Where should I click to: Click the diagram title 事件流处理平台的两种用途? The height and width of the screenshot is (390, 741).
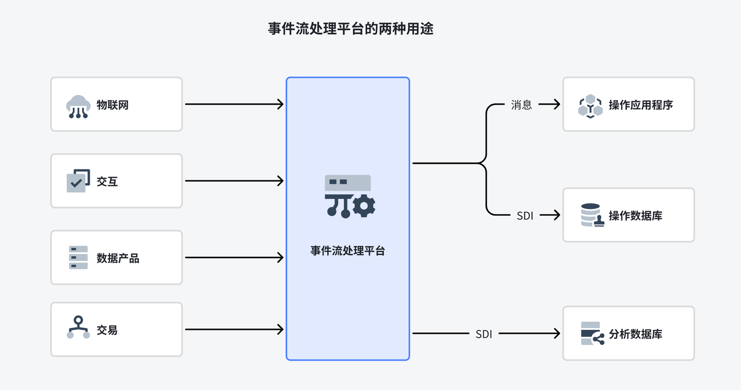pyautogui.click(x=350, y=29)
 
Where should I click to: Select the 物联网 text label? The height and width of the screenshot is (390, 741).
pyautogui.click(x=112, y=105)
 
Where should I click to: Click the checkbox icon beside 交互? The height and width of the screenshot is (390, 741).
pyautogui.click(x=78, y=181)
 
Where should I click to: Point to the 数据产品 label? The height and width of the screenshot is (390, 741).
pyautogui.click(x=118, y=258)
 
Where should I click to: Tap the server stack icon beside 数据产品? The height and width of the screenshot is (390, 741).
pyautogui.click(x=78, y=257)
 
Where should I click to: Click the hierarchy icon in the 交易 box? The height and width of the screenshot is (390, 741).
pyautogui.click(x=78, y=328)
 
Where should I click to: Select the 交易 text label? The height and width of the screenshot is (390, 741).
pyautogui.click(x=107, y=330)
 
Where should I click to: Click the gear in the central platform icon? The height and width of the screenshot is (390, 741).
pyautogui.click(x=364, y=206)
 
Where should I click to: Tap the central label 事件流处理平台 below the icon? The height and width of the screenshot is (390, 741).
pyautogui.click(x=347, y=251)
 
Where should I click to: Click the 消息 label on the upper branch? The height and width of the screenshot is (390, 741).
pyautogui.click(x=521, y=105)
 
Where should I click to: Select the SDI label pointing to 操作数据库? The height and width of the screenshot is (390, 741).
pyautogui.click(x=524, y=215)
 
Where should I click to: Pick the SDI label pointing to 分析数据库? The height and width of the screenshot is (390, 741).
pyautogui.click(x=483, y=334)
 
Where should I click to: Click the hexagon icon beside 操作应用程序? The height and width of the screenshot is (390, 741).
pyautogui.click(x=590, y=106)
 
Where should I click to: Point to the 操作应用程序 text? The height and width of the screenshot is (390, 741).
pyautogui.click(x=640, y=105)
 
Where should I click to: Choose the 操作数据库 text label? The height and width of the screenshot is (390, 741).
pyautogui.click(x=635, y=216)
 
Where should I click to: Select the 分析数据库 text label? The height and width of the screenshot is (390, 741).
pyautogui.click(x=635, y=334)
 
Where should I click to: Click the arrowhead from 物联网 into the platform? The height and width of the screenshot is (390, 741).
pyautogui.click(x=280, y=104)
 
